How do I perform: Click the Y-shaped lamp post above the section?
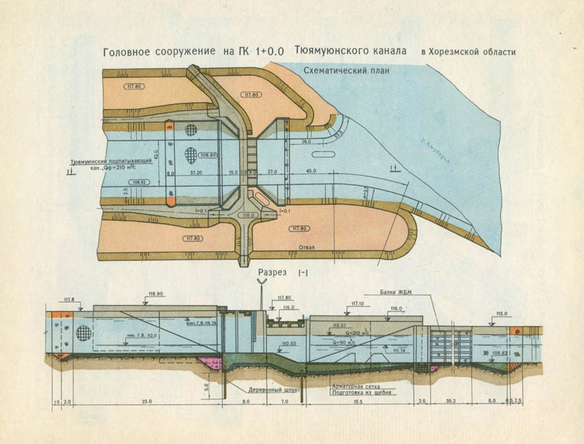(262, 283)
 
